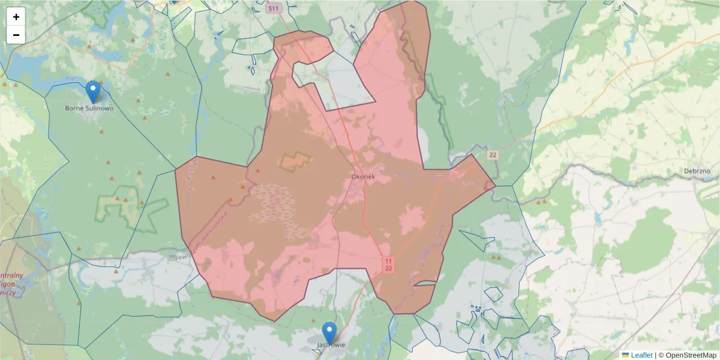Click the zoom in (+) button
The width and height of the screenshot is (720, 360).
coord(16,17)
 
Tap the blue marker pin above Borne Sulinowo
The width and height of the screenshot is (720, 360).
coord(93,91)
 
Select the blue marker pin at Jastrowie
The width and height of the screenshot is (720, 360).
coord(329,332)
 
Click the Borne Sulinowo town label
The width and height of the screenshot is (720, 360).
coord(89,109)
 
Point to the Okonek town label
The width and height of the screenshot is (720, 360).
coord(363,177)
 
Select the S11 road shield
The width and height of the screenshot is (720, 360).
coord(274,8)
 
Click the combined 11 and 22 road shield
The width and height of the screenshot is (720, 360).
coord(388,265)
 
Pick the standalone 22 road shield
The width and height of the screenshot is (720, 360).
coord(493,155)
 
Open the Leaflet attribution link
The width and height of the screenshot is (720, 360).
coord(641,355)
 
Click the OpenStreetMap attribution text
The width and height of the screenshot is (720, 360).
coord(687,355)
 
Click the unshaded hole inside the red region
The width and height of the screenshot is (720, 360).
coord(336,81)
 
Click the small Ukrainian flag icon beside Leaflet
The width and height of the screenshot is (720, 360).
coord(625,355)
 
